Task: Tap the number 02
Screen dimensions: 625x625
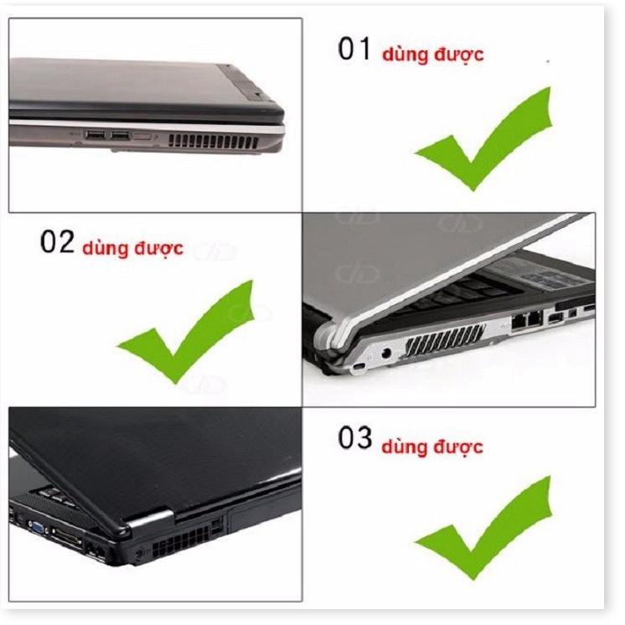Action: click(x=58, y=243)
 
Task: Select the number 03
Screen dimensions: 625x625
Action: click(x=354, y=438)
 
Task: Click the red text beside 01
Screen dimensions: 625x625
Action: click(x=432, y=55)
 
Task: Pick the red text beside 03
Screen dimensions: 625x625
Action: click(x=431, y=446)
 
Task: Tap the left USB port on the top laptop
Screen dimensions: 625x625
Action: click(x=96, y=135)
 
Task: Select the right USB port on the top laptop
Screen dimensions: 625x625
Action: click(x=121, y=135)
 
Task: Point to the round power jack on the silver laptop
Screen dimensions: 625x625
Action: click(x=387, y=354)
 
